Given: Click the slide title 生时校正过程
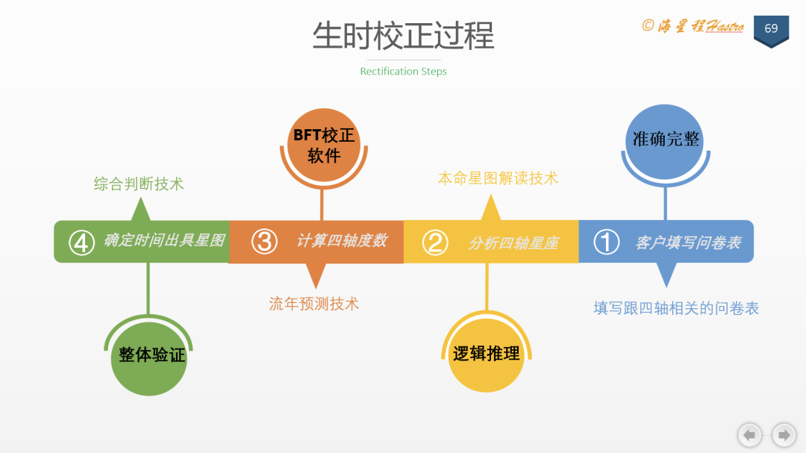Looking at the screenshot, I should point(403,36).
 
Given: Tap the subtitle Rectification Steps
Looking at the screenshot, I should point(403,72).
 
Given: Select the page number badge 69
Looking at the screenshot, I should point(771,29).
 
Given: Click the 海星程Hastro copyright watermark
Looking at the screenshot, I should point(693,26).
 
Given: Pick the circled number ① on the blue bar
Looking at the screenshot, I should point(606,242).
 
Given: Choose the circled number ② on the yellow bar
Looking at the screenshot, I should point(435,242).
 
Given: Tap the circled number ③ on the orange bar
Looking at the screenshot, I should point(264,242).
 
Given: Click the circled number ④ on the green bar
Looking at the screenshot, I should point(81,242).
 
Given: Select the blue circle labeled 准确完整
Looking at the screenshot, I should point(666,139).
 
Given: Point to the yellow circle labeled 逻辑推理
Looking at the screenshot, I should point(486,354).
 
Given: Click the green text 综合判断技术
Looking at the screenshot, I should point(139,184).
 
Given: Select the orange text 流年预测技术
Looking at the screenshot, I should point(314,304).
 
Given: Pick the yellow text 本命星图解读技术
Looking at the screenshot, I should point(498,178).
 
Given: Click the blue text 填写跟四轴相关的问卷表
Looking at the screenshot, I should point(676,308).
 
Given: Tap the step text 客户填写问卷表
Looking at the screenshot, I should point(688,243).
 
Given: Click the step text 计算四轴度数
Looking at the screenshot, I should point(342,241).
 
